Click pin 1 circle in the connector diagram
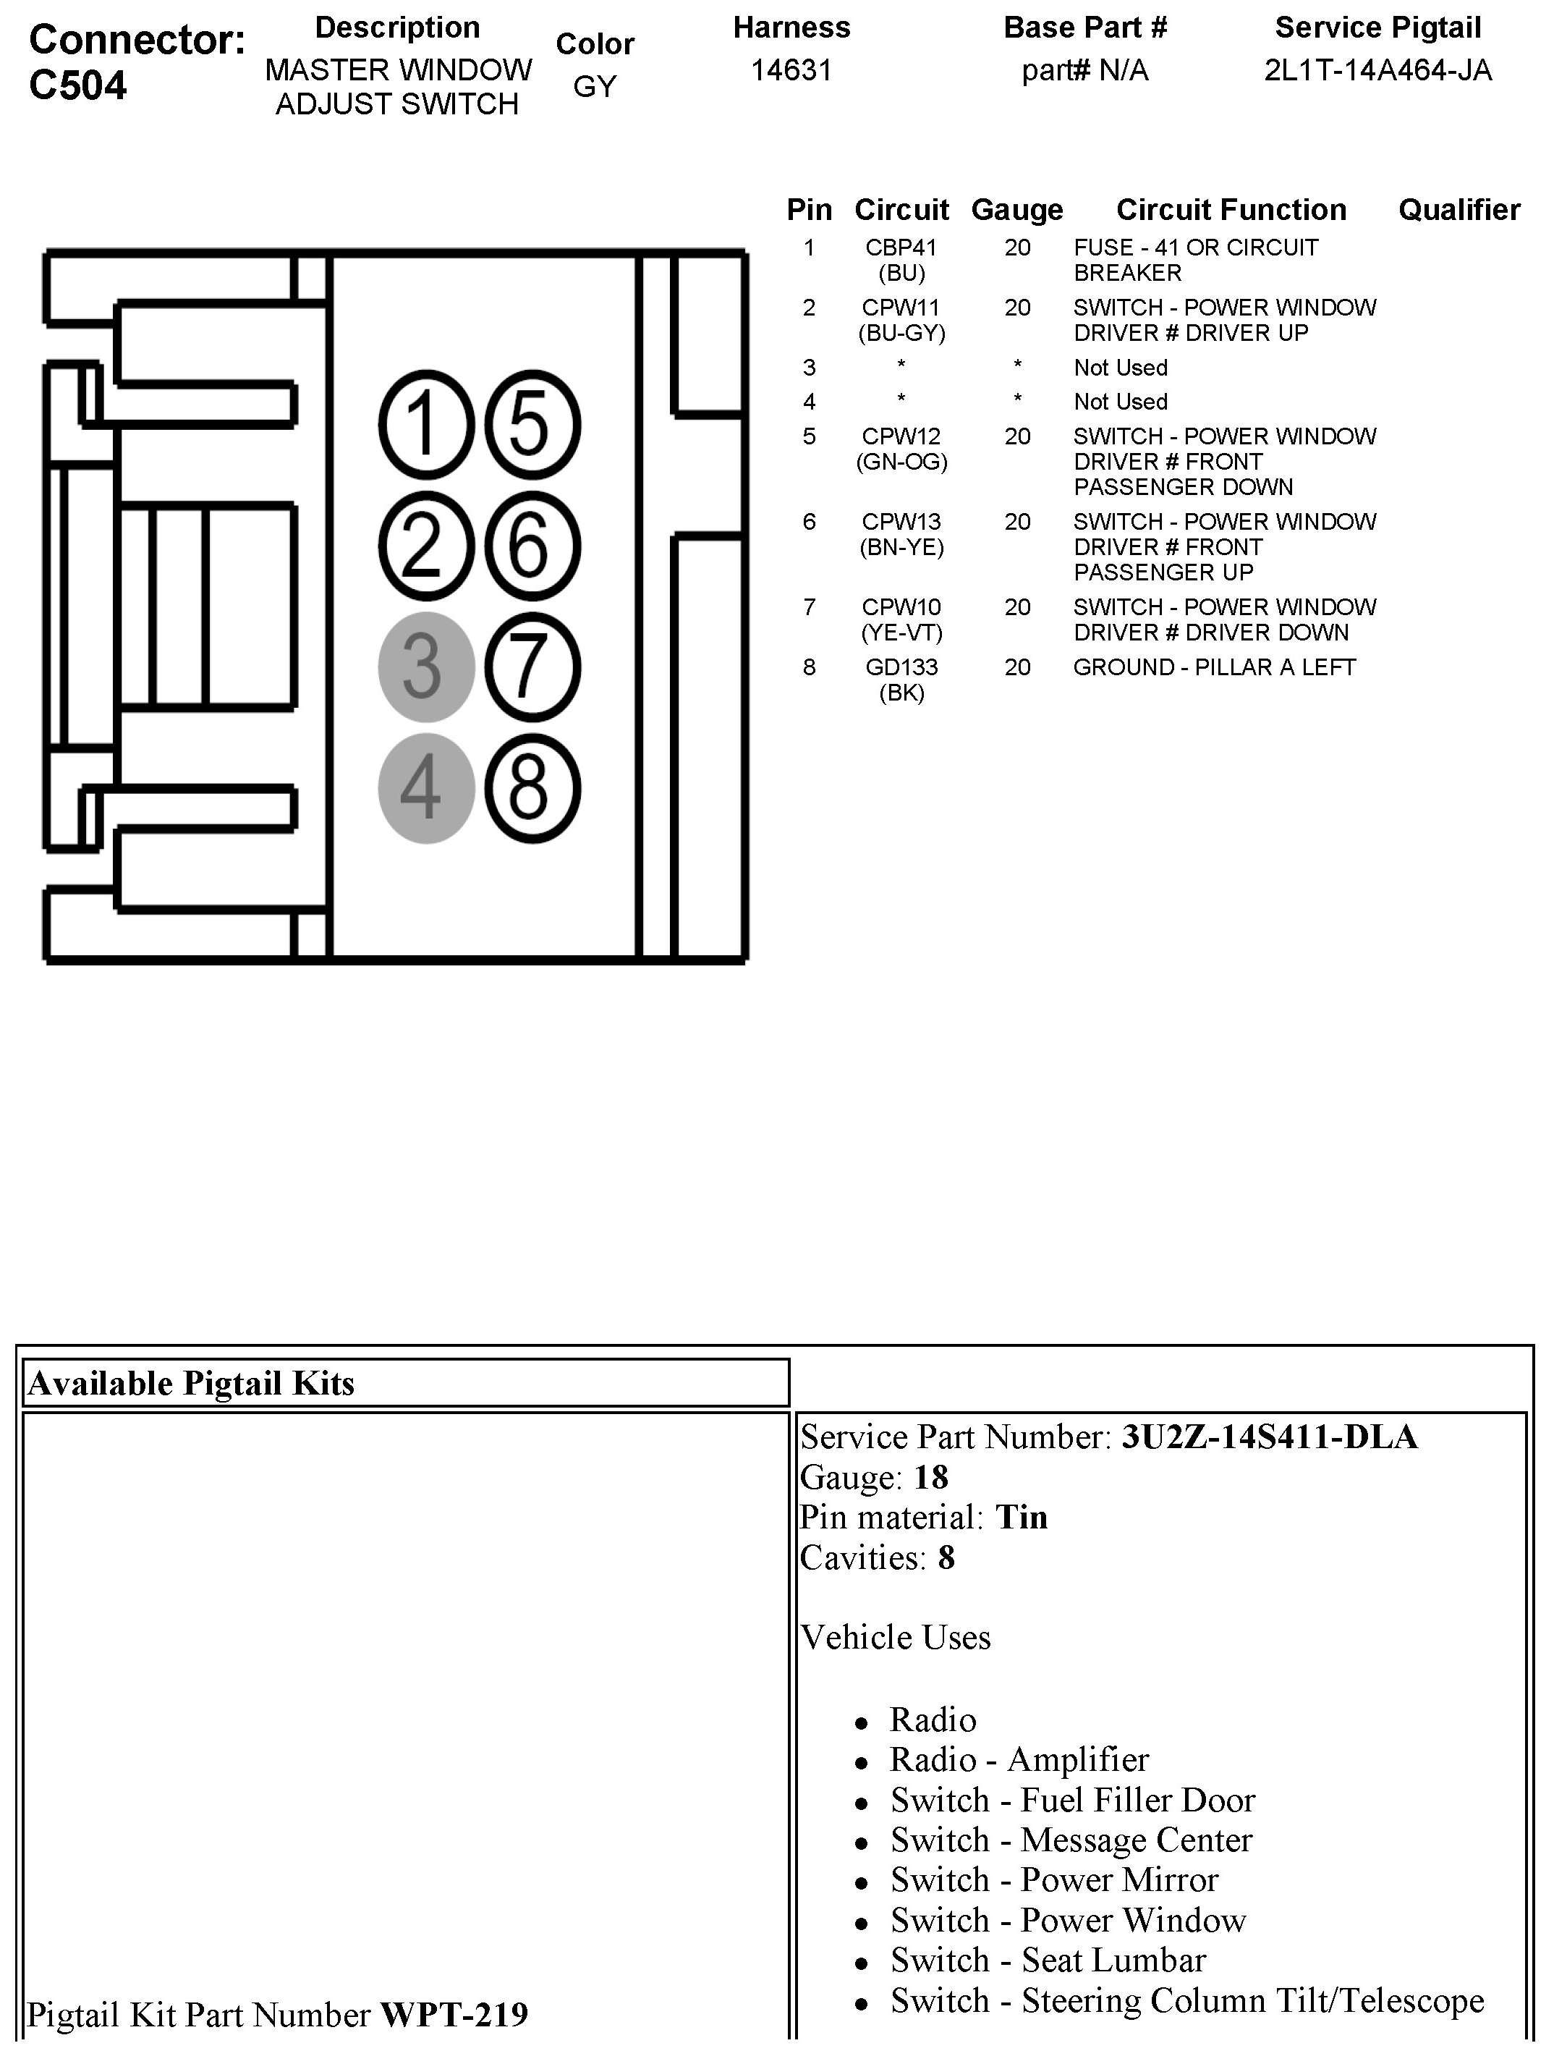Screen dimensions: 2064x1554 coord(426,425)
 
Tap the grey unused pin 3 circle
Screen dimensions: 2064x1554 coord(426,667)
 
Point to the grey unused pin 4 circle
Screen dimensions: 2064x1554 coord(426,788)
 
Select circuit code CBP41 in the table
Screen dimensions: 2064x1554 coord(901,248)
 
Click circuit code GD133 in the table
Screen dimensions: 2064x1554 coord(901,667)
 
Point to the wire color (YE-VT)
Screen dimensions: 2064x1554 coord(901,633)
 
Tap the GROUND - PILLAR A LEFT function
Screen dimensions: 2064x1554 coord(1213,667)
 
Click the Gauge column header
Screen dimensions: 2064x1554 coord(1016,210)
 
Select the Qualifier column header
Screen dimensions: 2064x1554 coord(1459,210)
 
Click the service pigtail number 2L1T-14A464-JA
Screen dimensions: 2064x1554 coord(1377,71)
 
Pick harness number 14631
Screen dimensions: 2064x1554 coord(791,71)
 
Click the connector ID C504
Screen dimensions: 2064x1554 coord(78,86)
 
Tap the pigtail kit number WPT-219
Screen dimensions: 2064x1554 coord(454,2015)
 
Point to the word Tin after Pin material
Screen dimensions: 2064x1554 coord(1022,1517)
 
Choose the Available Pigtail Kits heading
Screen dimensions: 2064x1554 coord(191,1383)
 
